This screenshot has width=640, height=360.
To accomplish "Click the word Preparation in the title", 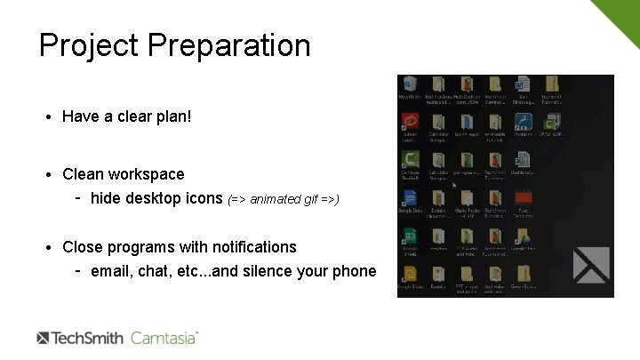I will coord(228,45).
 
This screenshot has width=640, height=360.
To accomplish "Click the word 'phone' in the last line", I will coord(354,271).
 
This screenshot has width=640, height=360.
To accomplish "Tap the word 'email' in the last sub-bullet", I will coord(111,271).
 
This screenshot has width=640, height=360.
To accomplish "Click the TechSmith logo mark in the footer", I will coord(44,338).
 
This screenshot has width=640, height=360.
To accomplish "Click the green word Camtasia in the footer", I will coord(164,338).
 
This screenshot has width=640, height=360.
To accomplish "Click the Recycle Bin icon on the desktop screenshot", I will coord(410,86).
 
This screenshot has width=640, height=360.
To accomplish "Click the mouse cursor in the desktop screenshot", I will coord(454,185).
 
